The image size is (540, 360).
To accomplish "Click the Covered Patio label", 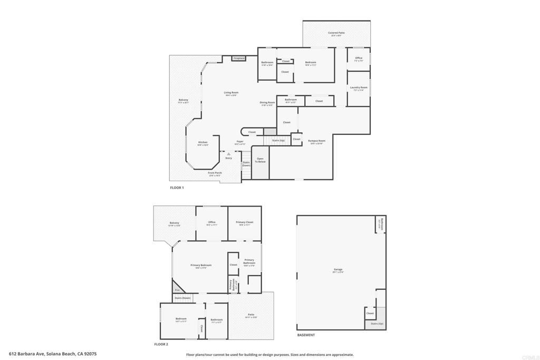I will pos(336,33).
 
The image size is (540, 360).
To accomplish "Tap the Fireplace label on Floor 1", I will pos(239,58).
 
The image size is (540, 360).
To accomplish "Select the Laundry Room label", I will pos(359,87).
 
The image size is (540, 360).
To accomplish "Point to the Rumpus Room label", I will pos(317,141).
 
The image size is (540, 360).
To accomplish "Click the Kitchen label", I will pos(203,142).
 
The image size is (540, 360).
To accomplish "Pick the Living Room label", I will pos(231,93).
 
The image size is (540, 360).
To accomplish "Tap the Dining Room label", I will pos(267,103).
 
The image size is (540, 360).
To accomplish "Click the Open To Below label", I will pos(260,160).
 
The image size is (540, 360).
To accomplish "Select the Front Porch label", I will pos(215,173).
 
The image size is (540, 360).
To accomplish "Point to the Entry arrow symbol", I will pos(228,154).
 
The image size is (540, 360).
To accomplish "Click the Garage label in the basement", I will pos(338,269).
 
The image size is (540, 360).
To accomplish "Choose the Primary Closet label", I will pos(245,222).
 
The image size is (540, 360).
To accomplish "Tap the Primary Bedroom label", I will pos(201,265).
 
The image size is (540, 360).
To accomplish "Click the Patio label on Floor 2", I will pos(251,315).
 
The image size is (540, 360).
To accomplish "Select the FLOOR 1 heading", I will pos(177,188).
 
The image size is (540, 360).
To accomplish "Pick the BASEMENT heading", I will pos(306,335).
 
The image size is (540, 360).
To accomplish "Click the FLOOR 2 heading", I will pos(161,344).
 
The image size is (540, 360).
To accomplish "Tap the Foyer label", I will pos(240,142).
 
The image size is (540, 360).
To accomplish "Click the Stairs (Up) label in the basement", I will pos(377,324).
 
